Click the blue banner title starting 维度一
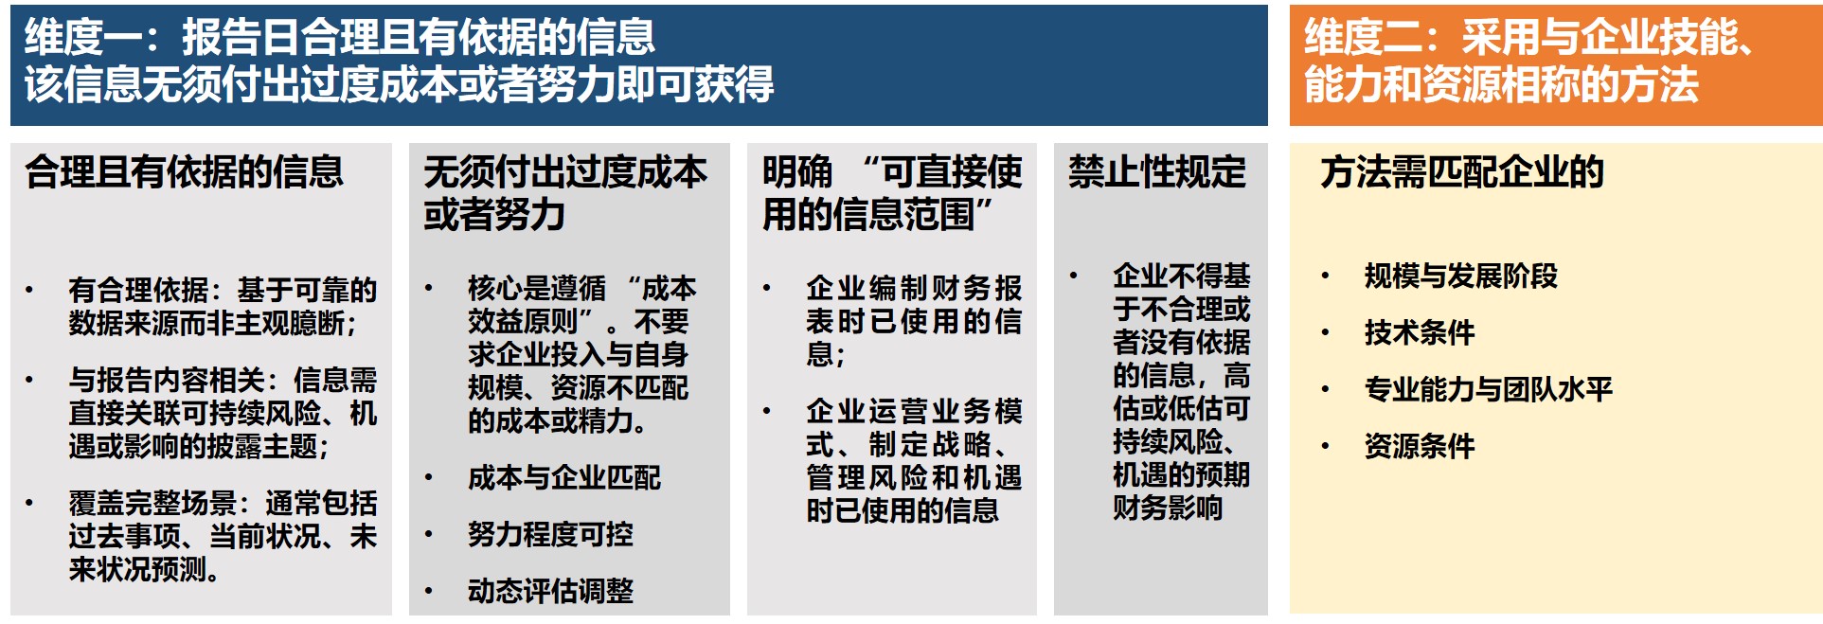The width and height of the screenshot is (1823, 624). pyautogui.click(x=399, y=61)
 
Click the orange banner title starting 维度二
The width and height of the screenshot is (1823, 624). pyautogui.click(x=1528, y=61)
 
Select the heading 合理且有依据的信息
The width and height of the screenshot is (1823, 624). pyautogui.click(x=185, y=172)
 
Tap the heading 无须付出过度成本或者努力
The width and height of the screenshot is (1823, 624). pyautogui.click(x=565, y=193)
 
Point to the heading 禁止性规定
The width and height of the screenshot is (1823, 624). pyautogui.click(x=1157, y=172)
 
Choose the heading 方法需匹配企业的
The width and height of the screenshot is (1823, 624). pyautogui.click(x=1462, y=172)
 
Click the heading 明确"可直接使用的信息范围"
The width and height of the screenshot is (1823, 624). pyautogui.click(x=892, y=193)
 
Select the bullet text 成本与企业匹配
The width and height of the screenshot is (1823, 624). pyautogui.click(x=564, y=478)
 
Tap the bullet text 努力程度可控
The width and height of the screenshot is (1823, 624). pyautogui.click(x=550, y=535)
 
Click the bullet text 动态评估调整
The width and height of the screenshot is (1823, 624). pyautogui.click(x=550, y=592)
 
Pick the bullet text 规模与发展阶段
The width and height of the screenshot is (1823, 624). pyautogui.click(x=1461, y=276)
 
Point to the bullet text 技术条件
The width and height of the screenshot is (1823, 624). pyautogui.click(x=1420, y=333)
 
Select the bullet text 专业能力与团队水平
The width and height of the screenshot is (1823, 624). pyautogui.click(x=1489, y=389)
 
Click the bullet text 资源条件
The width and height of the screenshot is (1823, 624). pyautogui.click(x=1420, y=446)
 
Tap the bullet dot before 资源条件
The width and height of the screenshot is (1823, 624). pyautogui.click(x=1326, y=446)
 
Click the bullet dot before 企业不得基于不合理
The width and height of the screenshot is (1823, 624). pyautogui.click(x=1074, y=276)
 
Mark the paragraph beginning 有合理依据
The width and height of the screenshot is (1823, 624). pyautogui.click(x=223, y=307)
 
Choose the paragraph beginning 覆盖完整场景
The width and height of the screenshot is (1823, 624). pyautogui.click(x=223, y=536)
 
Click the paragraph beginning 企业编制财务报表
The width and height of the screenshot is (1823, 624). pyautogui.click(x=914, y=321)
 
